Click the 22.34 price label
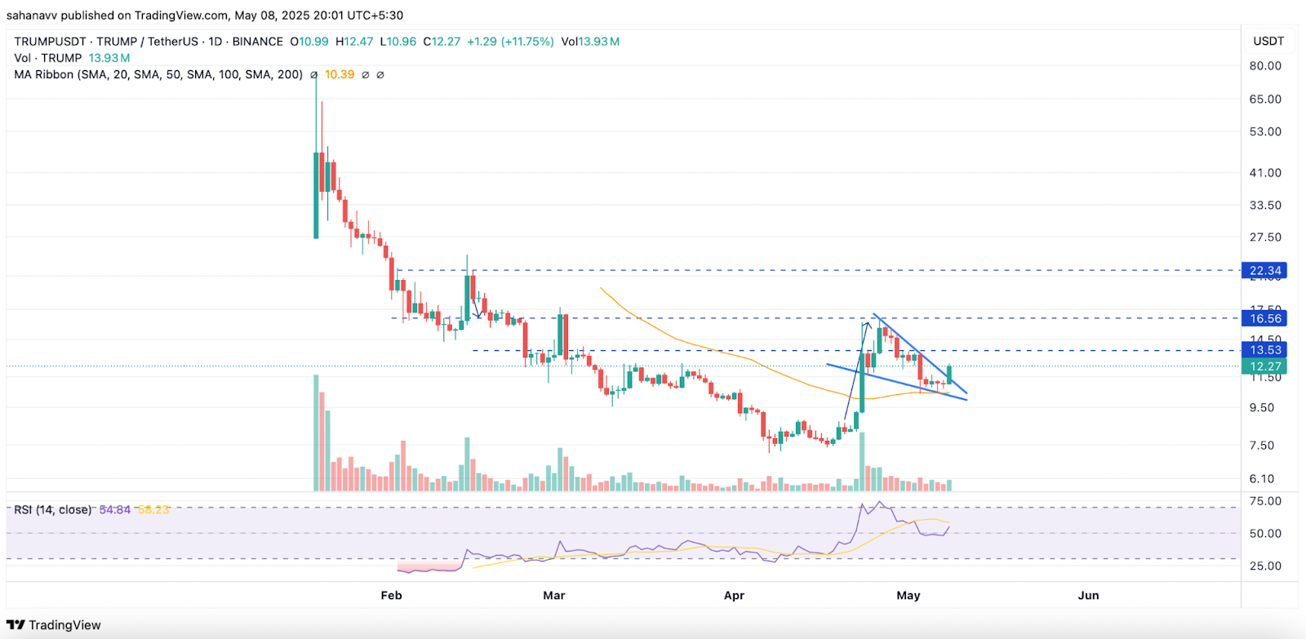(1264, 270)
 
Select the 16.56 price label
(1264, 318)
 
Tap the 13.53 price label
(1264, 350)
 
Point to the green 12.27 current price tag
(1264, 366)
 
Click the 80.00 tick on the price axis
(1265, 66)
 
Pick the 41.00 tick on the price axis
(1265, 173)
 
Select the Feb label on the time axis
(391, 596)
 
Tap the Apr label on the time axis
(734, 596)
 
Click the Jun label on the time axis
(1088, 596)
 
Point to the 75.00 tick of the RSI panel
(1265, 501)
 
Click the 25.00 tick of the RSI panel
(1265, 566)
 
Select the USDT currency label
(1268, 42)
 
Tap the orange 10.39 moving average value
(340, 74)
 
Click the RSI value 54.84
(114, 510)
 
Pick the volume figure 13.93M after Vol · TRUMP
(109, 58)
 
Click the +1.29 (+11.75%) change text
(510, 42)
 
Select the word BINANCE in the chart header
(257, 42)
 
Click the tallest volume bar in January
(316, 433)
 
